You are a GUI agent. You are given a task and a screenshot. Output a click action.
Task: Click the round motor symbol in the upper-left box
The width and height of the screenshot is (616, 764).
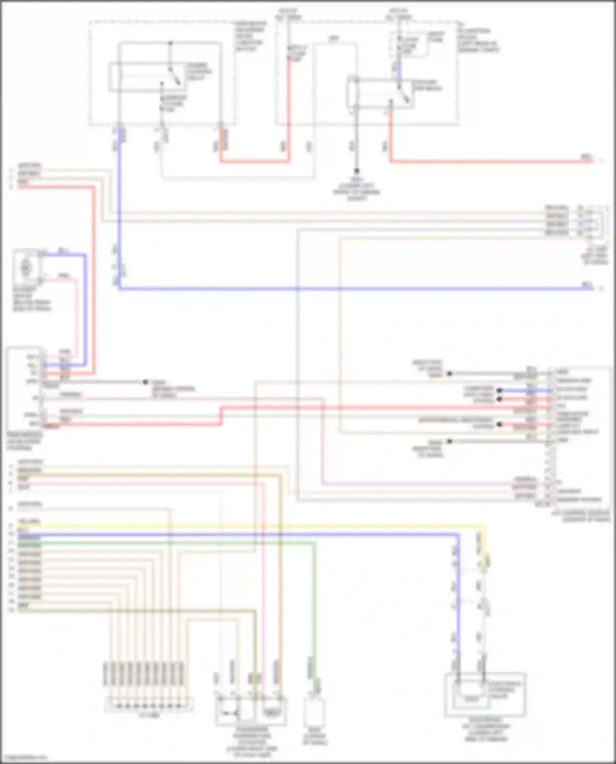coord(26,268)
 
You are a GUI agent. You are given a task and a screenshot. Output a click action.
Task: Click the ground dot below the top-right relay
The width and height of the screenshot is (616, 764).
coord(356,170)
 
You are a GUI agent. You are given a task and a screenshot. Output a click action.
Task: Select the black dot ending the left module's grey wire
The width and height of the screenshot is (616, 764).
coord(145,382)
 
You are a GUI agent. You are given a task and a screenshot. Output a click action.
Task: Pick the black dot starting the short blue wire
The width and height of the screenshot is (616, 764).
coord(499,390)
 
